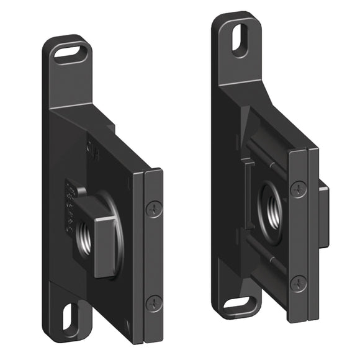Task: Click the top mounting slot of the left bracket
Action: tap(70, 52)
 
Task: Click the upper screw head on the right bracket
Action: tap(299, 189)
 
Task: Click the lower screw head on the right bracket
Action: tap(299, 283)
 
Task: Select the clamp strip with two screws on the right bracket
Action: tap(299, 236)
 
